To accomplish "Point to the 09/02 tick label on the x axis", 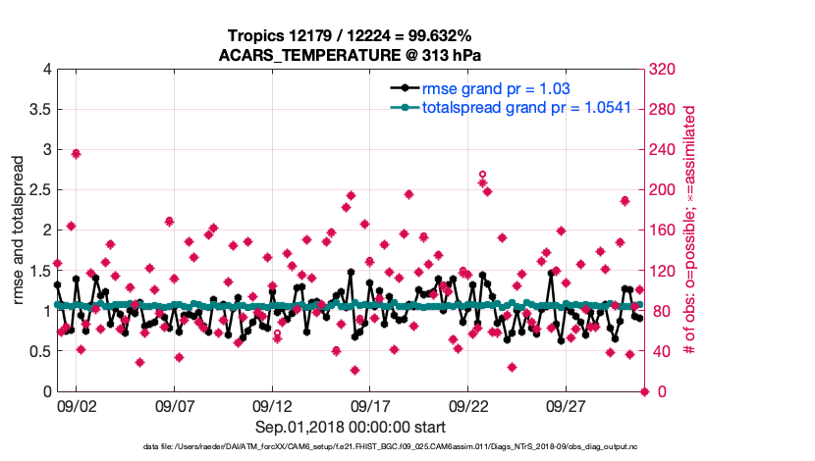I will (x=77, y=405).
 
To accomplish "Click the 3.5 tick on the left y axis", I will (x=39, y=109).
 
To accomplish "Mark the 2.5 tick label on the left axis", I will (x=39, y=190).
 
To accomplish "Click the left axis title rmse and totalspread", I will (x=19, y=230).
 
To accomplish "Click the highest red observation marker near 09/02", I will (x=76, y=154).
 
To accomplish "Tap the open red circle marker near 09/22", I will (x=482, y=174).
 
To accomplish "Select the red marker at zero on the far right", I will (x=645, y=391).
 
